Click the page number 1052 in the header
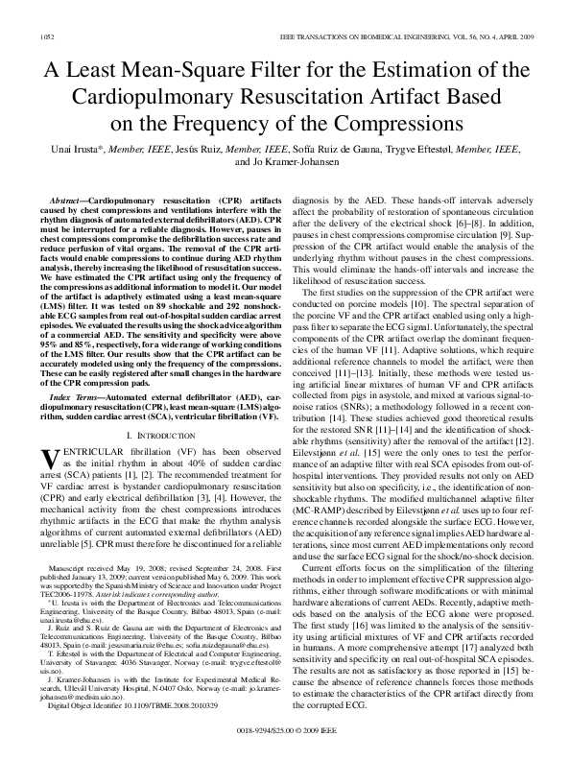46,36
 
